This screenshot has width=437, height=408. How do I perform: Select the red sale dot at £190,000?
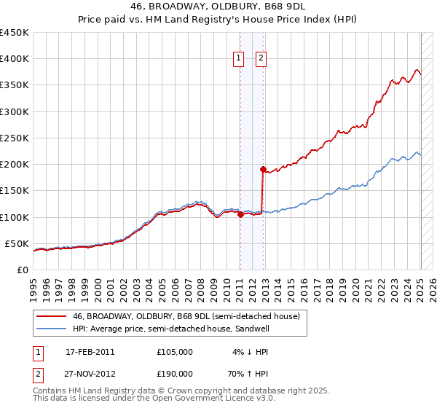pos(263,169)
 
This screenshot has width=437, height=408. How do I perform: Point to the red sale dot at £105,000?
pos(240,214)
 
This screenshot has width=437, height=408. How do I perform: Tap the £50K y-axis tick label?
pos(17,243)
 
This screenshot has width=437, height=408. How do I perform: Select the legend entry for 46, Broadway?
pos(186,316)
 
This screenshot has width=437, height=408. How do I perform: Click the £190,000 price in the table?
pos(175,373)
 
